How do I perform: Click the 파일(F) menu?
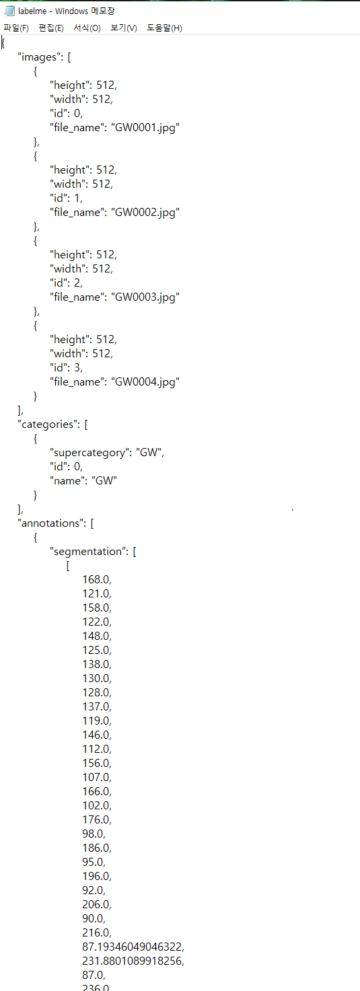pos(16,28)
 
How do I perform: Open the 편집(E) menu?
pos(51,28)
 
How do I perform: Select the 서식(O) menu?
pos(87,28)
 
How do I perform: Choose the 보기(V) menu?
pos(124,28)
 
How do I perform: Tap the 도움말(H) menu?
pos(164,28)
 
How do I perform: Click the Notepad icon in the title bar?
pos(9,11)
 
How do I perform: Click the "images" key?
pos(39,57)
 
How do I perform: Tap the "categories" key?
pos(48,425)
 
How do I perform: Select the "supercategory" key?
pos(91,453)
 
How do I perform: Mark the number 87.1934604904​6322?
pos(133,947)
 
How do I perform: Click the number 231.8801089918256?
pos(133,961)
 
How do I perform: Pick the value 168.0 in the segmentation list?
pos(96,579)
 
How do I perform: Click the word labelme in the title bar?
pos(32,11)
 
